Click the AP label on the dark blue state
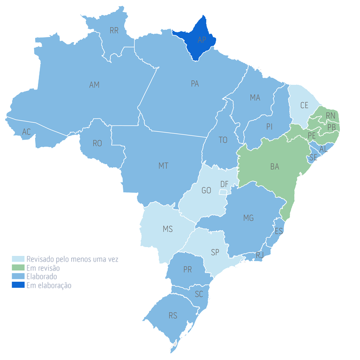pos(202,40)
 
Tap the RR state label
pos(114,30)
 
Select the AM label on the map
pos(94,85)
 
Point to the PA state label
pos(195,84)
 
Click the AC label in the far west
pos(26,132)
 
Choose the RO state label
pos(97,143)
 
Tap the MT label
pos(163,166)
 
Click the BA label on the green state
pos(275,166)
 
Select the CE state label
pos(304,105)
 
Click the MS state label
pos(167,229)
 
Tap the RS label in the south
pos(173,316)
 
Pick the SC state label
pos(199,294)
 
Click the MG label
pos(248,218)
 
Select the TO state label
pos(223,140)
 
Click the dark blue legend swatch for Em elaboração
pos(18,285)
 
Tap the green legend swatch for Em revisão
pos(18,268)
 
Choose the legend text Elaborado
pos(42,277)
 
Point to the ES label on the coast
pos(279,231)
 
